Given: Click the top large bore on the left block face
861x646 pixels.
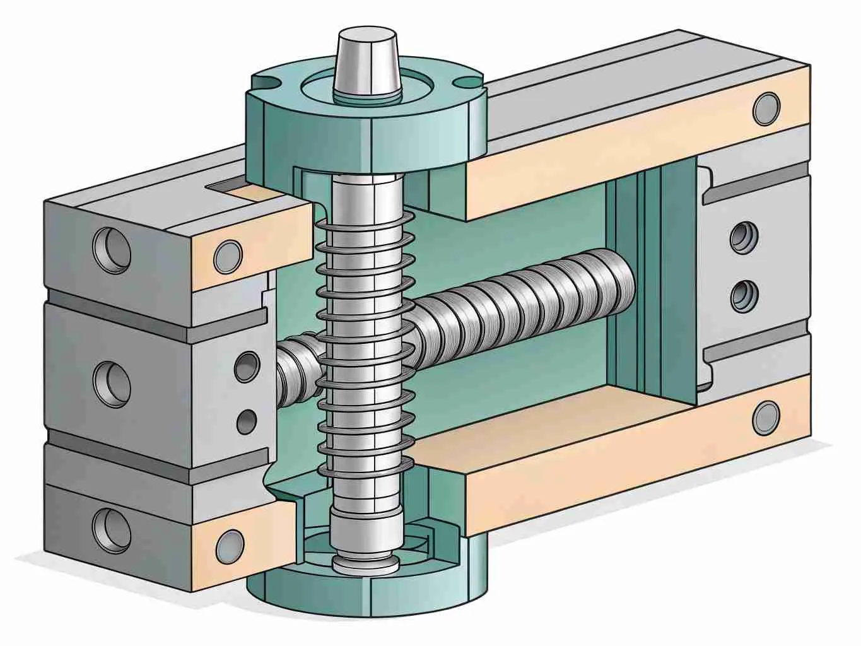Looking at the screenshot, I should (112, 247).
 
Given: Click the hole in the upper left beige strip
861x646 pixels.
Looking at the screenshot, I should (228, 255).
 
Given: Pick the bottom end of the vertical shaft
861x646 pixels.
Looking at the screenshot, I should (364, 563).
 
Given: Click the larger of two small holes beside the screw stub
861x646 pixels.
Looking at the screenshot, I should (247, 366).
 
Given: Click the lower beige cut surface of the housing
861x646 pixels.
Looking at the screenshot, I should (568, 467).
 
